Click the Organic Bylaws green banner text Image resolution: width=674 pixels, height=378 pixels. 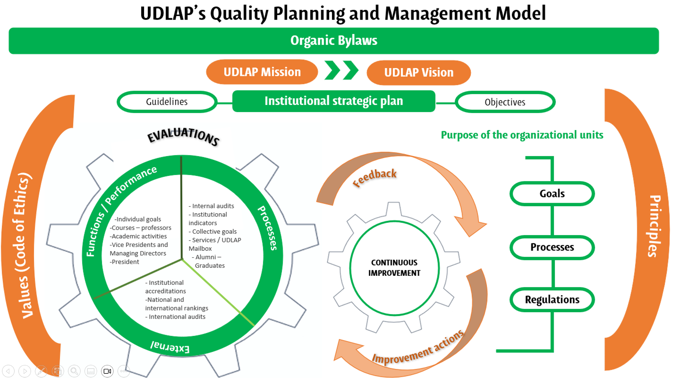(x=334, y=40)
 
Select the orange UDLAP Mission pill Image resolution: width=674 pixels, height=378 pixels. (x=262, y=72)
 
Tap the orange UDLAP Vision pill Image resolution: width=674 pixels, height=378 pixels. (x=419, y=72)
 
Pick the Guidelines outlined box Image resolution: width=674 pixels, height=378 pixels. (x=167, y=102)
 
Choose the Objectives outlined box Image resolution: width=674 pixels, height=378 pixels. (x=505, y=102)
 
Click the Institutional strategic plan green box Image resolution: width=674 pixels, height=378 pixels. (x=334, y=101)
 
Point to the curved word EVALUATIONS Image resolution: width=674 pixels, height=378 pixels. (x=183, y=136)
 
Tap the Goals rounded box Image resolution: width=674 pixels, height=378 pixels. (x=552, y=194)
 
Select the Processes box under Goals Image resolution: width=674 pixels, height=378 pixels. (x=552, y=247)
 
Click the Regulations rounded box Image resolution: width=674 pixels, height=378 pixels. (x=552, y=300)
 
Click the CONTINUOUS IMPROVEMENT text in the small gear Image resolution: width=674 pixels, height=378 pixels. (x=394, y=268)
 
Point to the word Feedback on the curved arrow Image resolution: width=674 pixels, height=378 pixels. (x=374, y=177)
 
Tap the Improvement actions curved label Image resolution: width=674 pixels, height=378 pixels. (x=418, y=348)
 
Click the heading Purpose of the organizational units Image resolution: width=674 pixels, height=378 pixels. (x=522, y=135)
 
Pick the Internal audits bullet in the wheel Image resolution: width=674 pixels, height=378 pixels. (x=211, y=206)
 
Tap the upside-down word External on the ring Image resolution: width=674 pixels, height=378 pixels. (x=170, y=347)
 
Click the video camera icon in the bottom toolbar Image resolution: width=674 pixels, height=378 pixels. (x=107, y=371)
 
